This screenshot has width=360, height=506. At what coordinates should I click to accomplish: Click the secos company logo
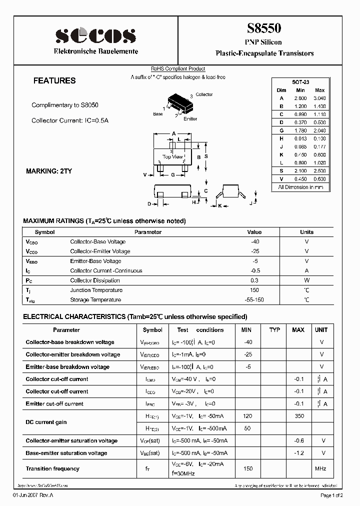coord(95,35)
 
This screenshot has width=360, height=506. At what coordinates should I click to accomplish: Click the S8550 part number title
coord(264,28)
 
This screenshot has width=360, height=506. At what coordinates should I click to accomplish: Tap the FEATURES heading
coord(54,80)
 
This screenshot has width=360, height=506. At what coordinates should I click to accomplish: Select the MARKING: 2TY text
coord(49,171)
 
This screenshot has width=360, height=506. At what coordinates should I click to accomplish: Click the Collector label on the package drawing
coord(204,94)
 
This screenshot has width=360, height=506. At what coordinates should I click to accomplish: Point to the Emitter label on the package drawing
coord(190,119)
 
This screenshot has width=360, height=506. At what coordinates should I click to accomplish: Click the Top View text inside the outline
coord(173,157)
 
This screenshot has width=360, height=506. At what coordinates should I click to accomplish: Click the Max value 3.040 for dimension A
coord(319,98)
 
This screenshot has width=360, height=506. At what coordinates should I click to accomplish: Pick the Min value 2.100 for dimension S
coord(300,170)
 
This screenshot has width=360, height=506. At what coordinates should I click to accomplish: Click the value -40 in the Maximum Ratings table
coord(254,241)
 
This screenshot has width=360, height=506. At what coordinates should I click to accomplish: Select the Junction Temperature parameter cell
coord(96,290)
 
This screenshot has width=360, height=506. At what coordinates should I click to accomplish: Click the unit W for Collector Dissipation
coord(306,280)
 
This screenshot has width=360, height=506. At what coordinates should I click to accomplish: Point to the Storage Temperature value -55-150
coord(254,300)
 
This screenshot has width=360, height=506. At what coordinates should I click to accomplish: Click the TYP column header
coord(274,330)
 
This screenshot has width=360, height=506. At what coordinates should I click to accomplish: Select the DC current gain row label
coord(46,422)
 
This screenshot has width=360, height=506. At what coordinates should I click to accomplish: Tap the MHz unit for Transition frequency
coord(321,468)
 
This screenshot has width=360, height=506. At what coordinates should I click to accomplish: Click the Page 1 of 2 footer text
coord(331,495)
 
